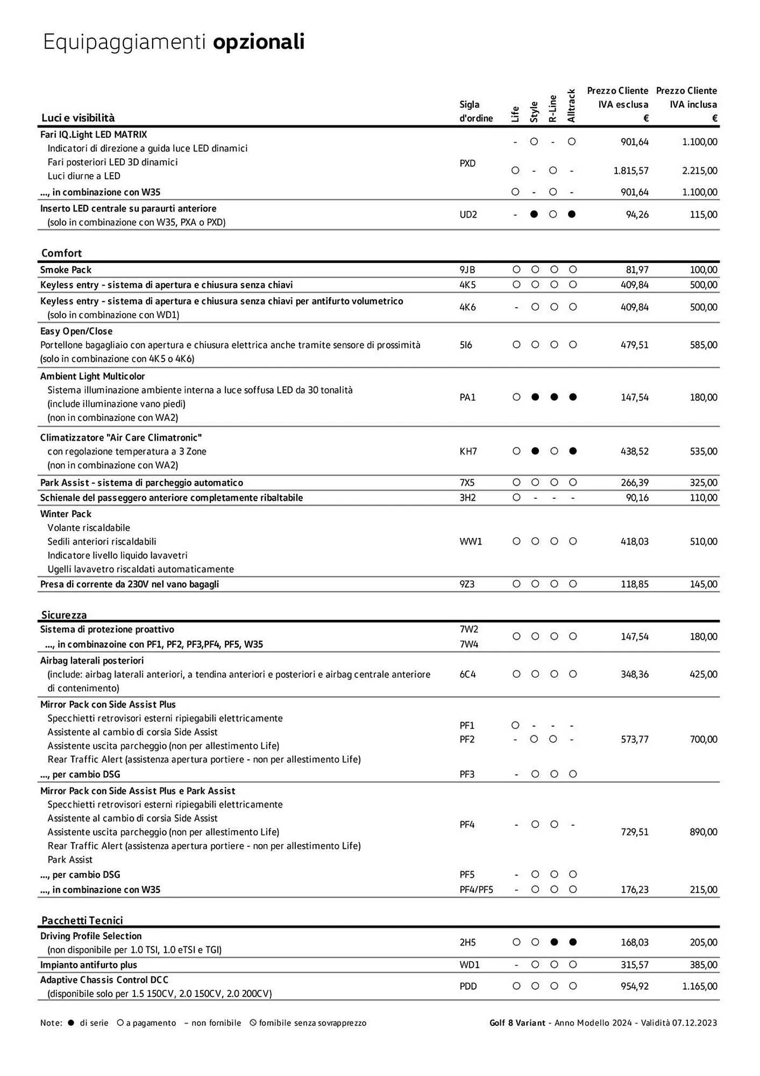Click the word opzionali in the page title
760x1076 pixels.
(259, 43)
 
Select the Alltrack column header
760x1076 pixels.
(571, 106)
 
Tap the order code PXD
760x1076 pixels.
(467, 163)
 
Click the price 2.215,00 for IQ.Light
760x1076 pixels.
(699, 171)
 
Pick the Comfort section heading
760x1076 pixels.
(61, 253)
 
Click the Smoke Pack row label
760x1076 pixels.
(66, 270)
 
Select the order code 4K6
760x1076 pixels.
(467, 307)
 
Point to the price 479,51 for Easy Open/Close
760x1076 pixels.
(635, 345)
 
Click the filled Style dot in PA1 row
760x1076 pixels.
(535, 397)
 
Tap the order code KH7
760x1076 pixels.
(468, 451)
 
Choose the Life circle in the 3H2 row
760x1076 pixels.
(516, 498)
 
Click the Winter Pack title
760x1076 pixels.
(66, 514)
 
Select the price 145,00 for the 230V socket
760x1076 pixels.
(704, 584)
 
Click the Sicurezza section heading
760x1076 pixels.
(63, 614)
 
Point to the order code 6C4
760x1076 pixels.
(467, 674)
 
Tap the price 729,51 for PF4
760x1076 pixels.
(635, 832)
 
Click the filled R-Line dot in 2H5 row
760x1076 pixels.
(554, 942)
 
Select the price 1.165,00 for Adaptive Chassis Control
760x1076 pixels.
(699, 986)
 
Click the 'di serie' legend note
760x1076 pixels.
(94, 1023)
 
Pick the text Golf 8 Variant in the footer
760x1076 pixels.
(517, 1023)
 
